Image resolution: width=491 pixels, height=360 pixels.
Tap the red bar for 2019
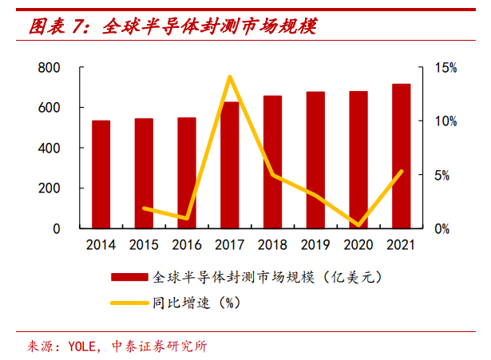click(315, 160)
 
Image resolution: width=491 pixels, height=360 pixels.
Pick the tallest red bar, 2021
click(402, 156)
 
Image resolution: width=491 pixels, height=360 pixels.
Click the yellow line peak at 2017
click(230, 77)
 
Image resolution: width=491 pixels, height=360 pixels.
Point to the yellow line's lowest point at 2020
click(358, 226)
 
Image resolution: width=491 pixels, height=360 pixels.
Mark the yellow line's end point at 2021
click(402, 171)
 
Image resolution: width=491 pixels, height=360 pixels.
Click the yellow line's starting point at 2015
click(144, 208)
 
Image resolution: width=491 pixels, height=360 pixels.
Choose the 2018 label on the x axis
click(272, 245)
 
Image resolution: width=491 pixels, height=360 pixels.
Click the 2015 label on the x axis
click(144, 245)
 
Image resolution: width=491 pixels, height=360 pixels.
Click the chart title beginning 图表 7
click(172, 28)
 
